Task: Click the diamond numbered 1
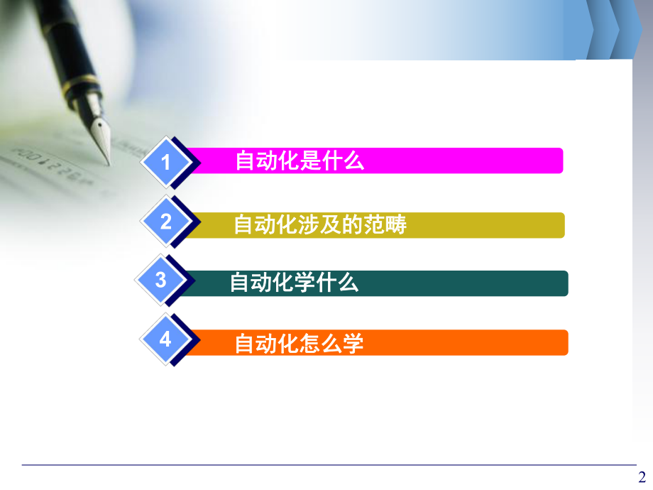click(x=166, y=163)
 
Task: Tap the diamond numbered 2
click(x=166, y=222)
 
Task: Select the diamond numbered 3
click(x=161, y=281)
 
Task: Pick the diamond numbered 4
click(x=166, y=339)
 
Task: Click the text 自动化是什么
click(x=300, y=161)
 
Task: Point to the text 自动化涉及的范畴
click(x=320, y=225)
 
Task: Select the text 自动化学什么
click(x=294, y=283)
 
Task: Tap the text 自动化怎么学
click(x=299, y=344)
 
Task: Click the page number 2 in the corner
click(x=642, y=477)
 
